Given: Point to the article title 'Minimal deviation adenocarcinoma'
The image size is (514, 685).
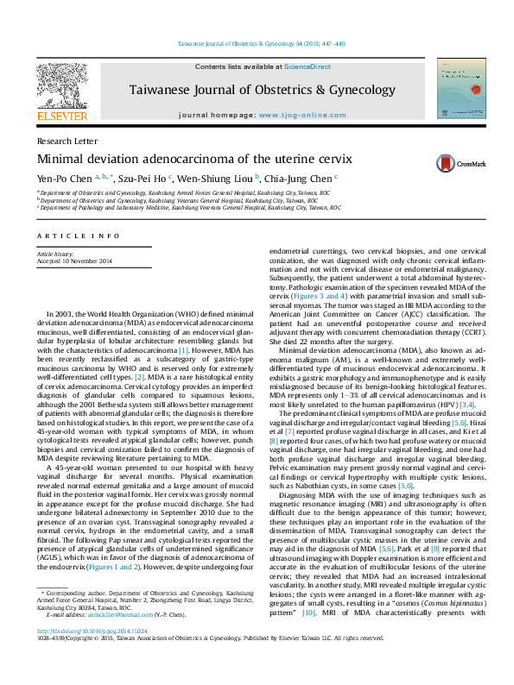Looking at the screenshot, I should click(x=194, y=160).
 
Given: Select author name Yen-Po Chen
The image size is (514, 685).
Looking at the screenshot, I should click(x=67, y=179).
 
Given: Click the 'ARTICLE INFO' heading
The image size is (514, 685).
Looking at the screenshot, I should click(x=78, y=236).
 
